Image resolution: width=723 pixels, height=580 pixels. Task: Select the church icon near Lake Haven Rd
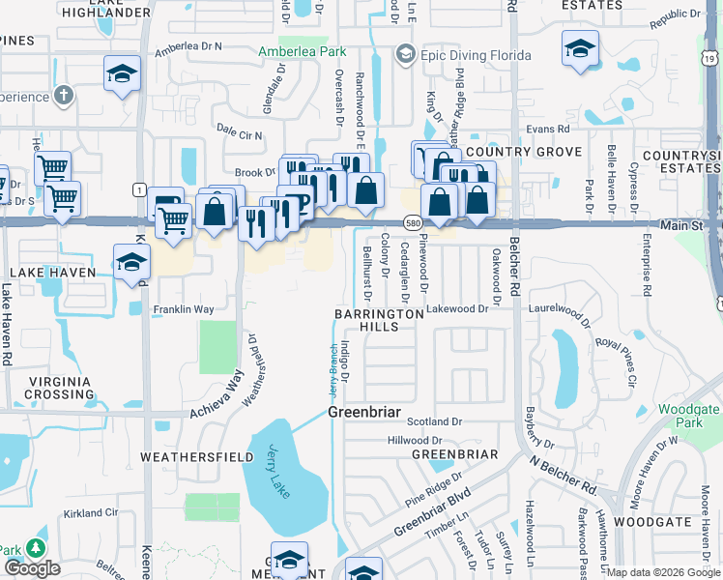64,95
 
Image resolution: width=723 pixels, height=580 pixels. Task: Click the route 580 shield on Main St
413,223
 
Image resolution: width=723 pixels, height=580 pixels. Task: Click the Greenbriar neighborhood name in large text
364,412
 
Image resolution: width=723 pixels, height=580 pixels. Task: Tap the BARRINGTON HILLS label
379,321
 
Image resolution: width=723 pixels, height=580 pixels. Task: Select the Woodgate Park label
688,417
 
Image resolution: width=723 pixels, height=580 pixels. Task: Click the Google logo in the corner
32,568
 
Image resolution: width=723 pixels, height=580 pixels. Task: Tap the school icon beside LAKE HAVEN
131,262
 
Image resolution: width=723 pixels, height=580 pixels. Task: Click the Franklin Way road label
183,310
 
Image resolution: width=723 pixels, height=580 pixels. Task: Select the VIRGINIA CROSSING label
46,388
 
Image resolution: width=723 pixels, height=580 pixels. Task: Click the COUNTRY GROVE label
524,152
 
